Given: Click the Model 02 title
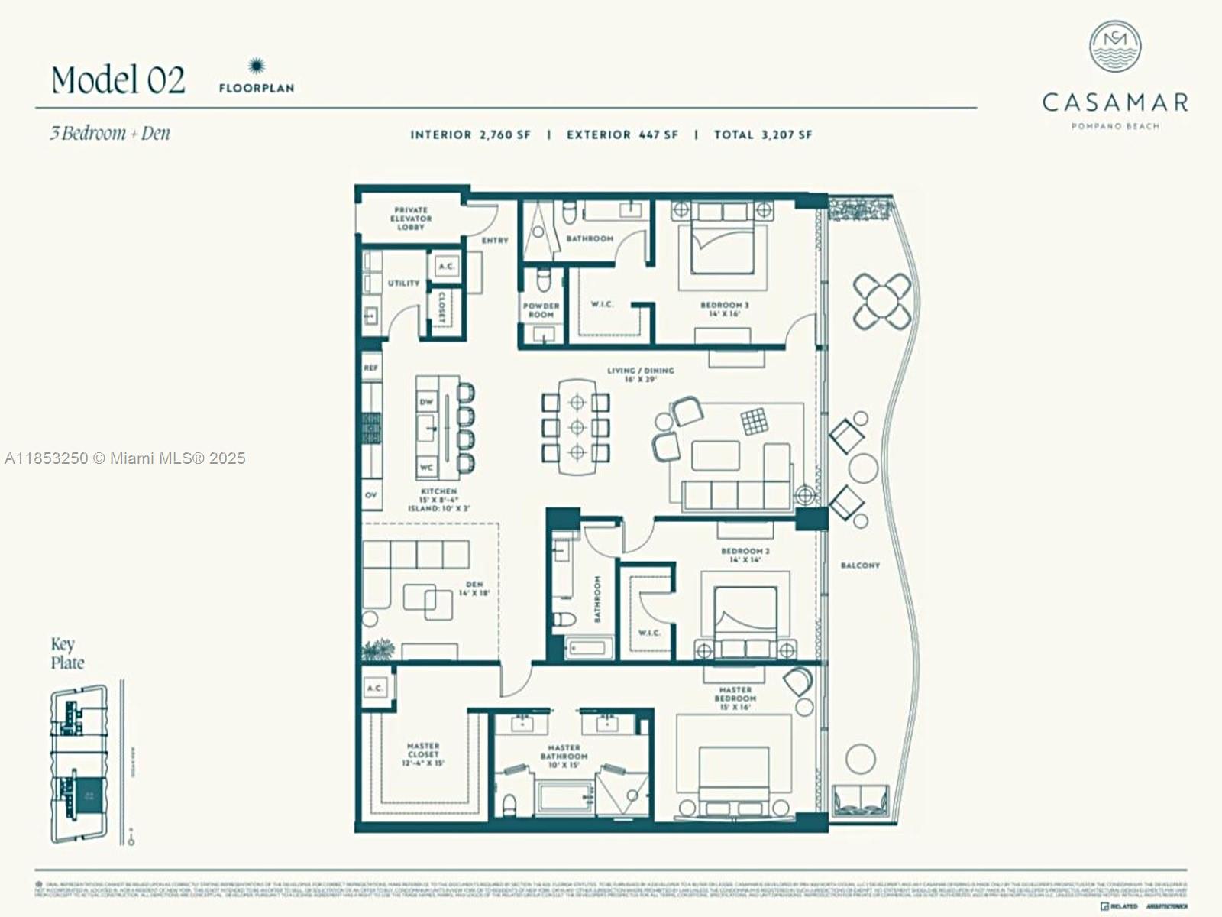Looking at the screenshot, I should (x=118, y=80).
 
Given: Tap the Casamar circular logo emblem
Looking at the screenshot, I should (x=1115, y=47).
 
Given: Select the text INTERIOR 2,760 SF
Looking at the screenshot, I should (x=470, y=134).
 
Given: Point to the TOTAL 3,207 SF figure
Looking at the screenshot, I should (x=763, y=134).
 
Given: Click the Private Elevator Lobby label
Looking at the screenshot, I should (x=411, y=219).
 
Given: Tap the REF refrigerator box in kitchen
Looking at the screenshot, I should (x=371, y=368).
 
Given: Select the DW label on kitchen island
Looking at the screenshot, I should (x=426, y=402).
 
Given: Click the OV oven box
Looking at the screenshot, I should (x=371, y=495).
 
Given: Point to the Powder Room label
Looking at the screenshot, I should (x=541, y=309).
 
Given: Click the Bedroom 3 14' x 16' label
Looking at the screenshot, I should (x=724, y=309).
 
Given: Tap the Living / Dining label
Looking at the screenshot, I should (x=640, y=374).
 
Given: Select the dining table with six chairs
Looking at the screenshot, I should (x=577, y=426).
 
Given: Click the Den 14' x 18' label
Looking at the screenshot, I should (x=474, y=588).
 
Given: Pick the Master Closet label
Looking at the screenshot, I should (x=422, y=753).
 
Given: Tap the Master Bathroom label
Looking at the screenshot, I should (x=564, y=756).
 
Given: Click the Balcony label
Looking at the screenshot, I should (x=860, y=565).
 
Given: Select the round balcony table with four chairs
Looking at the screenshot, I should (x=882, y=300).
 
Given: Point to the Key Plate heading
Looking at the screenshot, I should (x=67, y=653).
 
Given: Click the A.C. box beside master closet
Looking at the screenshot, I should (x=375, y=688).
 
